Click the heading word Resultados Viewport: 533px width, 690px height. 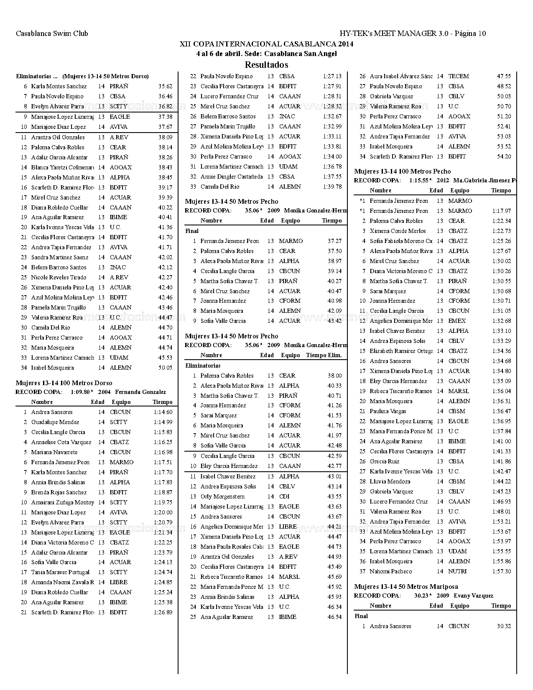click(266, 65)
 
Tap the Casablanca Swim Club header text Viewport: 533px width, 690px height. click(52, 33)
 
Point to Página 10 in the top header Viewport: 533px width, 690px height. click(470, 33)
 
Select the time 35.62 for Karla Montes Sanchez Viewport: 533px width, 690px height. click(165, 87)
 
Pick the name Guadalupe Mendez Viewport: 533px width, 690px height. click(55, 422)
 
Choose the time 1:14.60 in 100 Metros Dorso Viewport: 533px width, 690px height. click(163, 412)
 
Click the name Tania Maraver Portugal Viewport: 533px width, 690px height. click(60, 572)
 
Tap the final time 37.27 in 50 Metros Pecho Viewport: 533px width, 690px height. click(334, 241)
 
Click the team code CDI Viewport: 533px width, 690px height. click(284, 497)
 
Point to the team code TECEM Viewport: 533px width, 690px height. click(458, 77)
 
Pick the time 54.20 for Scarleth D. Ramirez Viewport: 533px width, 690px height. click(504, 157)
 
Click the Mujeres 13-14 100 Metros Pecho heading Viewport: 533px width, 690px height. click(402, 171)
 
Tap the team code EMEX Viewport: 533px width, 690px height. click(456, 321)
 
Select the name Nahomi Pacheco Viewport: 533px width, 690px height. click(390, 572)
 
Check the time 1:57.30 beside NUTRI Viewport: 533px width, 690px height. click(501, 572)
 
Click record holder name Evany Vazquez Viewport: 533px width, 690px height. click(473, 596)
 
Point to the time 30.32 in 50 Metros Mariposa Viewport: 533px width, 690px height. click(504, 626)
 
